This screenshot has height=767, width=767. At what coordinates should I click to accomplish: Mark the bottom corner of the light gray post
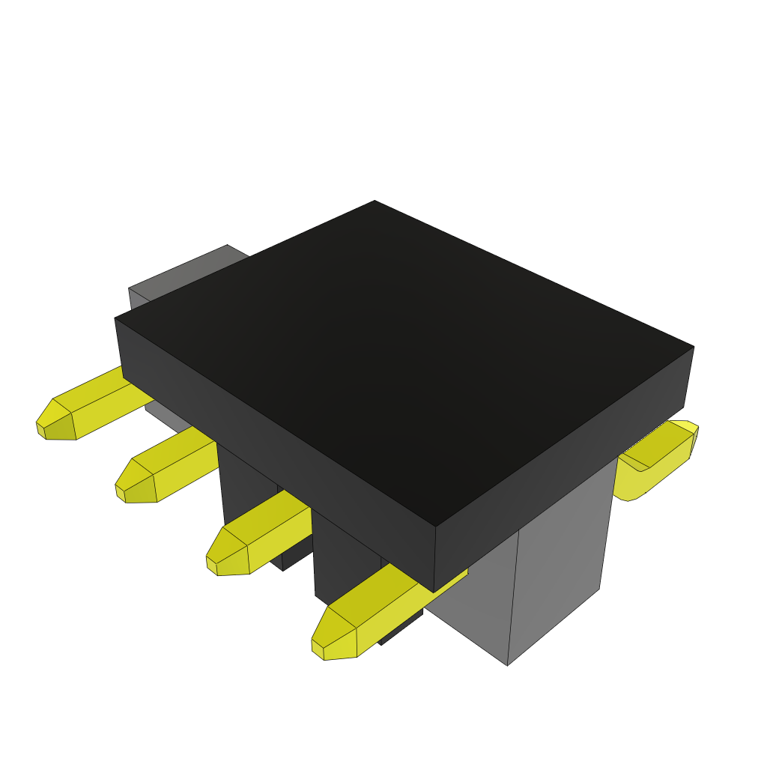click(508, 664)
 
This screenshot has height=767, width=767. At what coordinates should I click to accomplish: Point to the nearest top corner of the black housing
click(435, 527)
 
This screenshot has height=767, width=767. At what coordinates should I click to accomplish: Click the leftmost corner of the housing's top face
click(115, 319)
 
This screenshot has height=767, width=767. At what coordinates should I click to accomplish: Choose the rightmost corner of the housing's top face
click(694, 347)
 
